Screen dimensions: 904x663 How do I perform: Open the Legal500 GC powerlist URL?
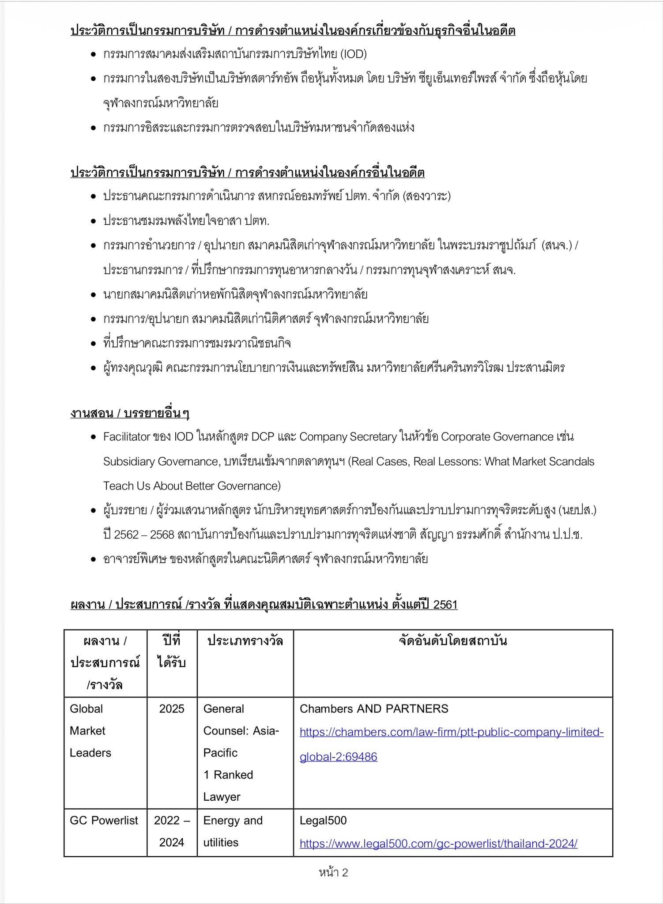click(438, 844)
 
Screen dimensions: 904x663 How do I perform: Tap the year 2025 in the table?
click(172, 709)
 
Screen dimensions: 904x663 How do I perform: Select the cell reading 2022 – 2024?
click(172, 831)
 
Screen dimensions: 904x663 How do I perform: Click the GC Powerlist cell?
click(104, 821)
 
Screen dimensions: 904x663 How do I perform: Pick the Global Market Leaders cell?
click(90, 731)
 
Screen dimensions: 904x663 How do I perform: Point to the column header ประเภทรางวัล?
click(245, 641)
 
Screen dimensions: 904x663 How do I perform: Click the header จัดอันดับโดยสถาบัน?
click(452, 641)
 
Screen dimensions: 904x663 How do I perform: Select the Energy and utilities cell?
click(233, 831)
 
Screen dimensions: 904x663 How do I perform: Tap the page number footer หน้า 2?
click(333, 872)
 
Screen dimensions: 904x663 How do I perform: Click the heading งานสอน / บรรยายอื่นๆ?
click(130, 413)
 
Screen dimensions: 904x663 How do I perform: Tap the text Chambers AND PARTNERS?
click(373, 709)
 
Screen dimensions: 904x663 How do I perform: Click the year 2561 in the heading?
click(445, 605)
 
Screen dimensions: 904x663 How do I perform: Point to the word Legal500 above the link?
click(323, 821)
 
